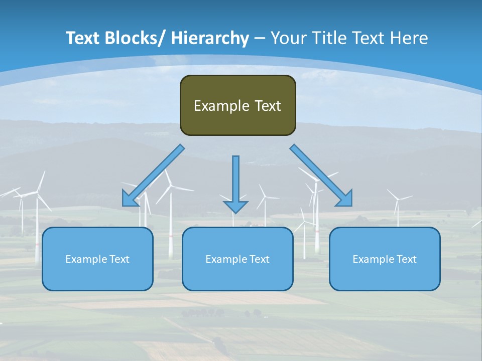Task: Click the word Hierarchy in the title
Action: (210, 38)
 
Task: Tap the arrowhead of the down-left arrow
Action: (130, 199)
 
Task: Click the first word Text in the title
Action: (84, 38)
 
